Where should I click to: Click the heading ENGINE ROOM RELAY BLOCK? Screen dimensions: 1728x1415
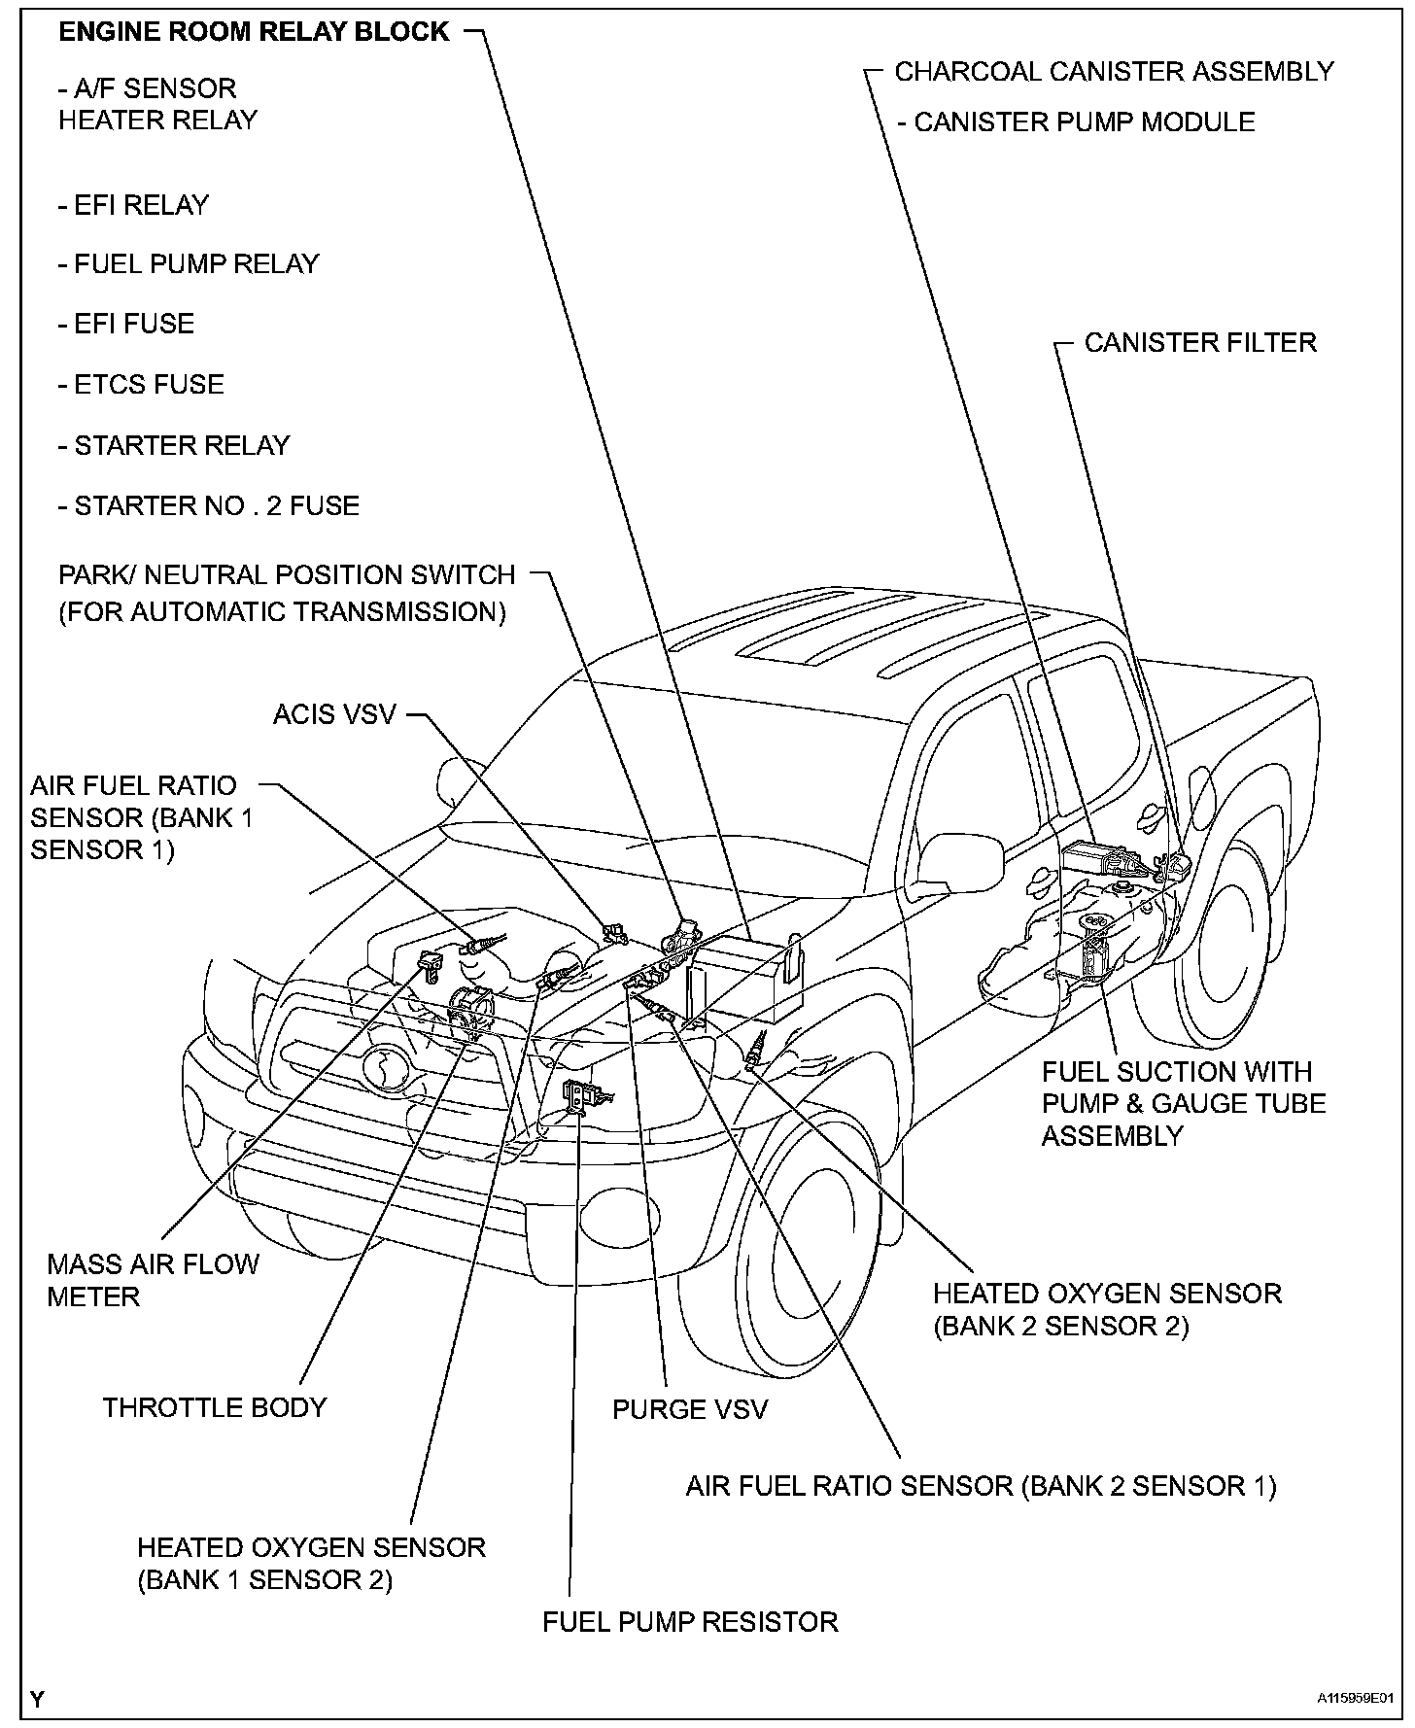click(254, 32)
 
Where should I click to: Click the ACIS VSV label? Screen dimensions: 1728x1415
click(334, 714)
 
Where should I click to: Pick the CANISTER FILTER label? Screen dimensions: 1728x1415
click(1200, 343)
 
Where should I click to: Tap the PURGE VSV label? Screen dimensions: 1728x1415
click(689, 1409)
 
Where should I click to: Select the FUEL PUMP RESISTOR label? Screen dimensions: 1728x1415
click(690, 1622)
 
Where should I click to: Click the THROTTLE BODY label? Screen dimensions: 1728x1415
click(215, 1407)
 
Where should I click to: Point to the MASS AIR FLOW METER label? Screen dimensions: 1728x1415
click(153, 1280)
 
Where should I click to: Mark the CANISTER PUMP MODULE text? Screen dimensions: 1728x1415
click(1084, 122)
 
